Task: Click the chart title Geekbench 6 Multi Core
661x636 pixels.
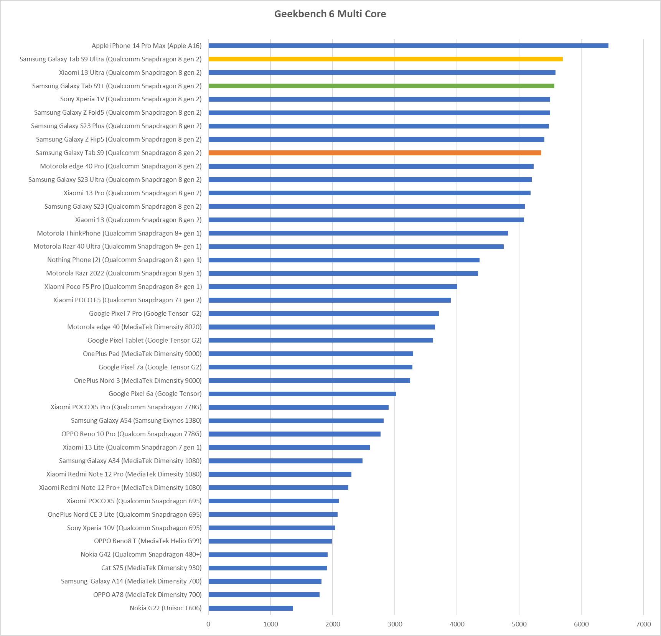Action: pos(330,14)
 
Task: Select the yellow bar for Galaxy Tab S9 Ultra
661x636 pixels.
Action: pos(385,59)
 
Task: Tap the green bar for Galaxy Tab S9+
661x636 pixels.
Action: pos(381,86)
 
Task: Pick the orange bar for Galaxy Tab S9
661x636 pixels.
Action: pos(374,153)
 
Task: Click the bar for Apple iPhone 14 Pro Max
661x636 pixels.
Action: pos(408,46)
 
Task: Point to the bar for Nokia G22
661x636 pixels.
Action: pos(251,608)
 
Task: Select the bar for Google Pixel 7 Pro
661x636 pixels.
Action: pos(323,313)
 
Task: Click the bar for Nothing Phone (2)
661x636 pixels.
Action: pos(344,260)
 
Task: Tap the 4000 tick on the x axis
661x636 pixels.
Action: pos(457,624)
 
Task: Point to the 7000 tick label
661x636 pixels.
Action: pos(643,624)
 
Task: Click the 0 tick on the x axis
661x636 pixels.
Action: pos(208,624)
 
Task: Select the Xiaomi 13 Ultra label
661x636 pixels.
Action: pos(130,72)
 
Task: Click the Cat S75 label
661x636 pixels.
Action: pos(151,568)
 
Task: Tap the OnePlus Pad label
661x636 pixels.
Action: pos(142,354)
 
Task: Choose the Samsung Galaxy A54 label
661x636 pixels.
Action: pos(136,420)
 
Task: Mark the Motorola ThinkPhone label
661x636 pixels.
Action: pos(119,233)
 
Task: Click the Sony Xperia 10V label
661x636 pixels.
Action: pos(134,528)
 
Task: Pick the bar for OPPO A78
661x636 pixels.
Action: pos(264,595)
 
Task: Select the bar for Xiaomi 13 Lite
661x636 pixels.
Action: pos(289,447)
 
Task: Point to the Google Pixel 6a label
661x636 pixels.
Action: pos(155,394)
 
